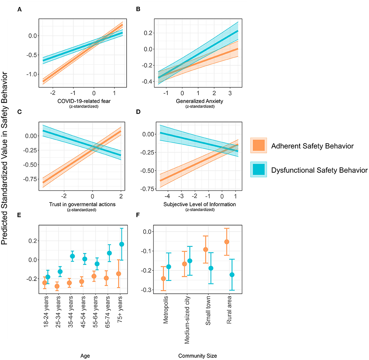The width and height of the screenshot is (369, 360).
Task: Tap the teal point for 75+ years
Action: pyautogui.click(x=122, y=244)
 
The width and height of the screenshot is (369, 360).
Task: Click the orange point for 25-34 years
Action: pyautogui.click(x=57, y=286)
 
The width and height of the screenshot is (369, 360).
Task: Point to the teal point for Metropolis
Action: pyautogui.click(x=169, y=267)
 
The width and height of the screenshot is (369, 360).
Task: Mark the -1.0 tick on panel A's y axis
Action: pyautogui.click(x=32, y=74)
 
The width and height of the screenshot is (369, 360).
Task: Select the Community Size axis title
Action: pyautogui.click(x=197, y=356)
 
